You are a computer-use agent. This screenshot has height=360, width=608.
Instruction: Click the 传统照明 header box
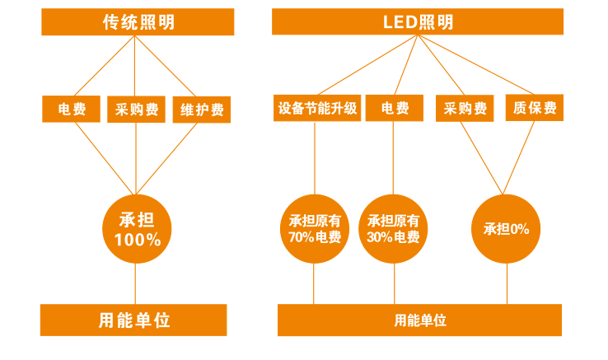click(x=133, y=22)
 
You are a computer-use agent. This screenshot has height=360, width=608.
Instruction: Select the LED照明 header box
click(x=418, y=22)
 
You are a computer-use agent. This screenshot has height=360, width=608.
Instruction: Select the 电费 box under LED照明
click(x=394, y=108)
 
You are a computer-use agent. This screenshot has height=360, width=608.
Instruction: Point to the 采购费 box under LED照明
click(x=465, y=108)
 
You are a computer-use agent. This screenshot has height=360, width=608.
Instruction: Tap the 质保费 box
click(x=534, y=108)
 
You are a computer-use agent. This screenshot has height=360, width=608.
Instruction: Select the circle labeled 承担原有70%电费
click(x=315, y=229)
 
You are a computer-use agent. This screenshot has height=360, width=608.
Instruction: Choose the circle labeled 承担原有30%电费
click(x=394, y=229)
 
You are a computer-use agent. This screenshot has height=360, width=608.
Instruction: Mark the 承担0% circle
click(x=506, y=229)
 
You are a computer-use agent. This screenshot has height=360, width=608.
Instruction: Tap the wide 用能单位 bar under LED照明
click(x=420, y=320)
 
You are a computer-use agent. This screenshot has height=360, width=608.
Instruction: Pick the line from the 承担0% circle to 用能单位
click(x=507, y=284)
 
